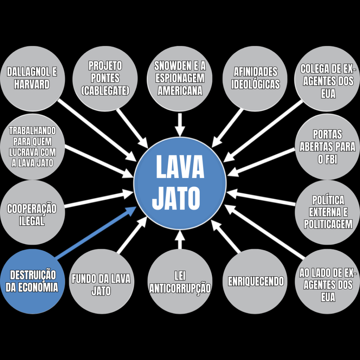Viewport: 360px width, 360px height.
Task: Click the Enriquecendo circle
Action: (x=256, y=281)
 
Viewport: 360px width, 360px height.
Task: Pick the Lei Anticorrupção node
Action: (x=180, y=281)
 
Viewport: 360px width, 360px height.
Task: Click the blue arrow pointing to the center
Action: (x=95, y=233)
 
